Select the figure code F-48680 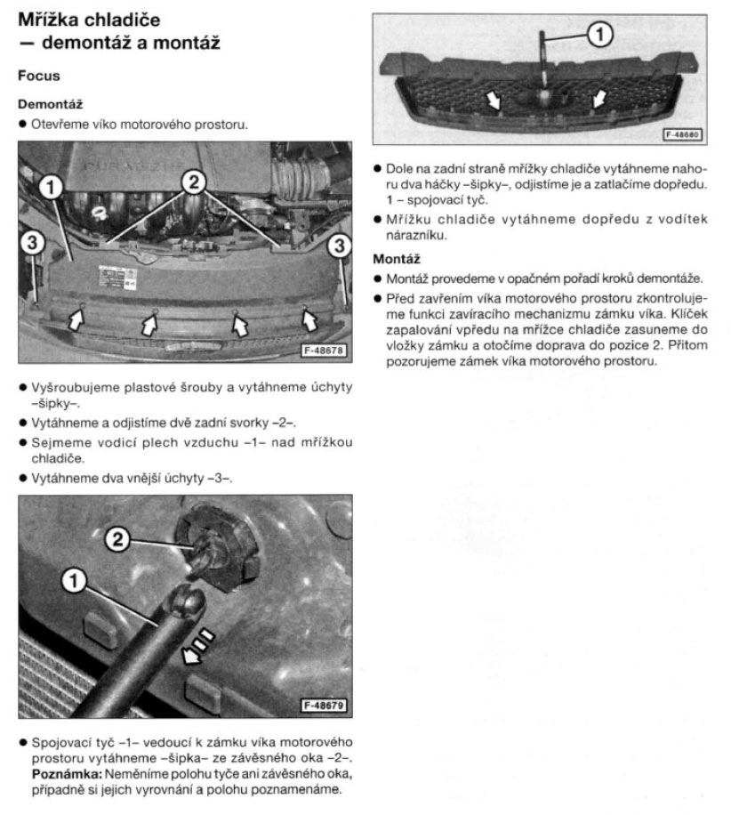coord(680,135)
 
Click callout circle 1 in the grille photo coord(601,35)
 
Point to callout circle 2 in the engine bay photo coord(192,181)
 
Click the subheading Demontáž coord(50,104)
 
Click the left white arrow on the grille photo coord(492,99)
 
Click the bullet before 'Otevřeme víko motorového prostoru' coord(23,124)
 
